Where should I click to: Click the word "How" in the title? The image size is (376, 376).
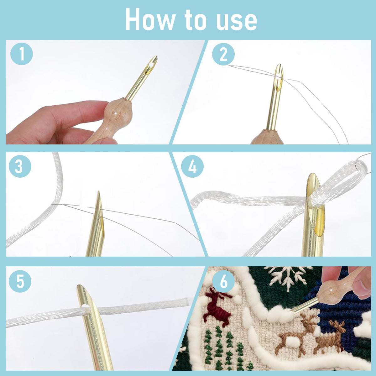(150, 19)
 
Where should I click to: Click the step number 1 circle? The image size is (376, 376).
(22, 54)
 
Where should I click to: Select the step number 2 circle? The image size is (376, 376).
(223, 54)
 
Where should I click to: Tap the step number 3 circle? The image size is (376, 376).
(20, 166)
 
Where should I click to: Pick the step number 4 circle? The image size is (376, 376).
(192, 166)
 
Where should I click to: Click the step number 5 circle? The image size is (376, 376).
(20, 281)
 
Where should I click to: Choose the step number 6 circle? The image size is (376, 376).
(224, 281)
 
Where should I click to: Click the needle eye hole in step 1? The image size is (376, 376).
(152, 64)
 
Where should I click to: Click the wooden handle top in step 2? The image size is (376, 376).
(267, 137)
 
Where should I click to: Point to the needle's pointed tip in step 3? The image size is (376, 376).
(98, 192)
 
